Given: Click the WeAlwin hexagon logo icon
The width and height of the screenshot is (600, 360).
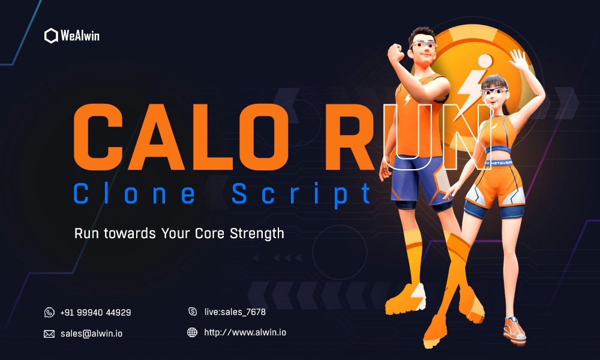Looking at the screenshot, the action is click(51, 35).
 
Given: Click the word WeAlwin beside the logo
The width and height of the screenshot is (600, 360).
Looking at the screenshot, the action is click(80, 35).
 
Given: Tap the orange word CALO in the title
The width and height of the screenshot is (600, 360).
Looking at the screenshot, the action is click(180, 137).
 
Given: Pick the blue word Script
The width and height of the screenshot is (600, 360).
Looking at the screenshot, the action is click(301, 194).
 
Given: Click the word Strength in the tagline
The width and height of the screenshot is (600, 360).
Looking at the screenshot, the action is click(257, 233).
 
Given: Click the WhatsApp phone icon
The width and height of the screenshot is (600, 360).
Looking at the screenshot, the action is click(49, 313).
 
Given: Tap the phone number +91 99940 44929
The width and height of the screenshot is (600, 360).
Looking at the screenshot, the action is click(95, 313).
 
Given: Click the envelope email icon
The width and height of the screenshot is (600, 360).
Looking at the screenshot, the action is click(49, 334).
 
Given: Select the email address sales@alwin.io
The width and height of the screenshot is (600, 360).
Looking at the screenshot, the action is click(91, 334).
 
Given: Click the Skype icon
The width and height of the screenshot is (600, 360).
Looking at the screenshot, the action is click(193, 311).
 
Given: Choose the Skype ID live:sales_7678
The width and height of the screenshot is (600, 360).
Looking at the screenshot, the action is click(235, 312).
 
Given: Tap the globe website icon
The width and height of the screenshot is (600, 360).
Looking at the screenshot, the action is click(192, 332).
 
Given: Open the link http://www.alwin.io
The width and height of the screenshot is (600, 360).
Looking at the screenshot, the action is click(245, 332).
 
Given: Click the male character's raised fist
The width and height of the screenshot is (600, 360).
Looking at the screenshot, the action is click(395, 53).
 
